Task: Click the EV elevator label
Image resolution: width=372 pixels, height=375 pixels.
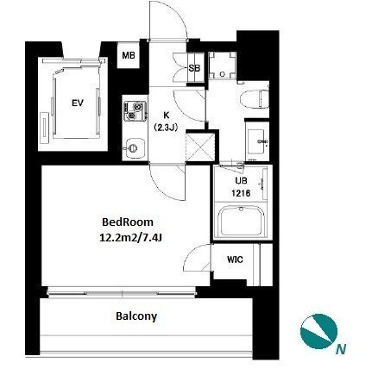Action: [x=78, y=103]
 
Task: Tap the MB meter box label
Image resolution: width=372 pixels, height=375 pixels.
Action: [x=129, y=55]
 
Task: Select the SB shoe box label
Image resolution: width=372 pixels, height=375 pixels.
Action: [x=194, y=68]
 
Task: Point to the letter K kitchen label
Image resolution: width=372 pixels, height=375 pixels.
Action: [x=167, y=116]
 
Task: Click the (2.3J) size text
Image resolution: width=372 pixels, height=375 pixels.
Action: [x=165, y=127]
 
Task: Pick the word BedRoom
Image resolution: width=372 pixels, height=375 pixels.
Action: [x=128, y=222]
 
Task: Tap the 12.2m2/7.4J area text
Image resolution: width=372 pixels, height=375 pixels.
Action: [x=129, y=238]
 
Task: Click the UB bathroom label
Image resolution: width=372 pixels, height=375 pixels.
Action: [x=241, y=181]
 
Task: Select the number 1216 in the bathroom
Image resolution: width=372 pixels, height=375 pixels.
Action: [x=241, y=193]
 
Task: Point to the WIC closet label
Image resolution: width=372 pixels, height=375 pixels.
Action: [x=235, y=259]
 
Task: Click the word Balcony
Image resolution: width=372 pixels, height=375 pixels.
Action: [x=136, y=316]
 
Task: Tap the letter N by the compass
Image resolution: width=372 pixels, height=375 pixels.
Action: [x=341, y=349]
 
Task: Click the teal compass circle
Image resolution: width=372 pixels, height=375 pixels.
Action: [x=318, y=331]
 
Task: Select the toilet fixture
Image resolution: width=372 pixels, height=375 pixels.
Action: [x=252, y=99]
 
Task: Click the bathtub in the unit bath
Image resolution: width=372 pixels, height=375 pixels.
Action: [x=241, y=222]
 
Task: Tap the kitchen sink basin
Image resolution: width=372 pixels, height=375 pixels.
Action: [x=133, y=148]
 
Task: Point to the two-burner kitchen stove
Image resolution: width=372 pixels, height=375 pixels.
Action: [x=135, y=111]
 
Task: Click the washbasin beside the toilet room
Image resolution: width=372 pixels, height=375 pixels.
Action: [x=257, y=141]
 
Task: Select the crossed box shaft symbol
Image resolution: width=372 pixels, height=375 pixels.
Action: [x=200, y=147]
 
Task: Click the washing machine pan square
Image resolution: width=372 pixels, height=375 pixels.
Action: [x=222, y=66]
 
